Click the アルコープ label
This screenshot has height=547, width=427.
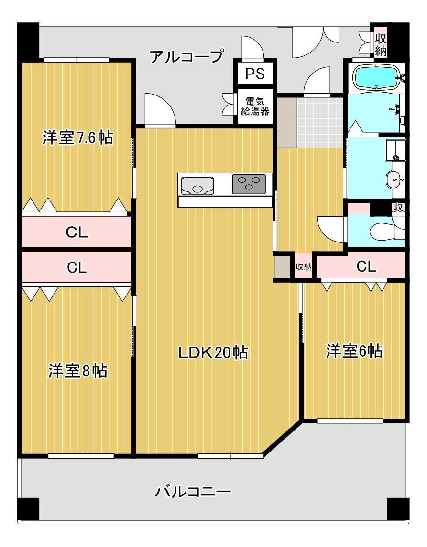coord(186,56)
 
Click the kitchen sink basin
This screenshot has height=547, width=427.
coord(197,185)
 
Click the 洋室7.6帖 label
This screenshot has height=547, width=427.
coord(78,138)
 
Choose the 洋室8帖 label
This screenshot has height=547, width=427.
coord(77,370)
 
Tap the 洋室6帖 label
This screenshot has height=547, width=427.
coord(354,351)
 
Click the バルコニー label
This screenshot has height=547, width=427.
coord(193,491)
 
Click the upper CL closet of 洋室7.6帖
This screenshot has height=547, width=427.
coord(77,232)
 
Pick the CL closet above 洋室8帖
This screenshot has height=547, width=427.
coord(77,267)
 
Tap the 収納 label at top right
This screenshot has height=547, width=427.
coord(380,44)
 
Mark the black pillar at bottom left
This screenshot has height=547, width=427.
coord(28,509)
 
